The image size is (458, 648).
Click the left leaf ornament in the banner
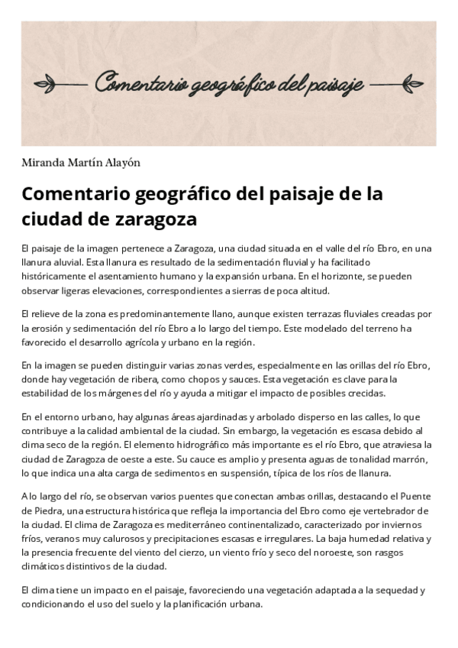[x=64, y=83]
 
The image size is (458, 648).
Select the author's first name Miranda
[x=43, y=162]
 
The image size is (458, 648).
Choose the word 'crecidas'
[x=369, y=393]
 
